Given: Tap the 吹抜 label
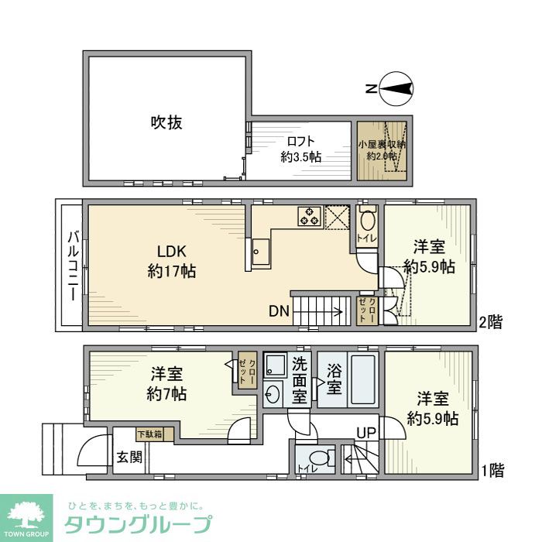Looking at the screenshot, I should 166,122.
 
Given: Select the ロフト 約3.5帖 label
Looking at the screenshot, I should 300,149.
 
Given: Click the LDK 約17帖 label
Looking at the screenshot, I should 172,262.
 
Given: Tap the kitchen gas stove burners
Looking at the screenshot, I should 310,215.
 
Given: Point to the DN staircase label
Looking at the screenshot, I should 279,312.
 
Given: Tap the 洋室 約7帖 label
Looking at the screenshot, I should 167,383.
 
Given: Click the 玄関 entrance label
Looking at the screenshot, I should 129,457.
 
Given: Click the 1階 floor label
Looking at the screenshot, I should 493,469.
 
